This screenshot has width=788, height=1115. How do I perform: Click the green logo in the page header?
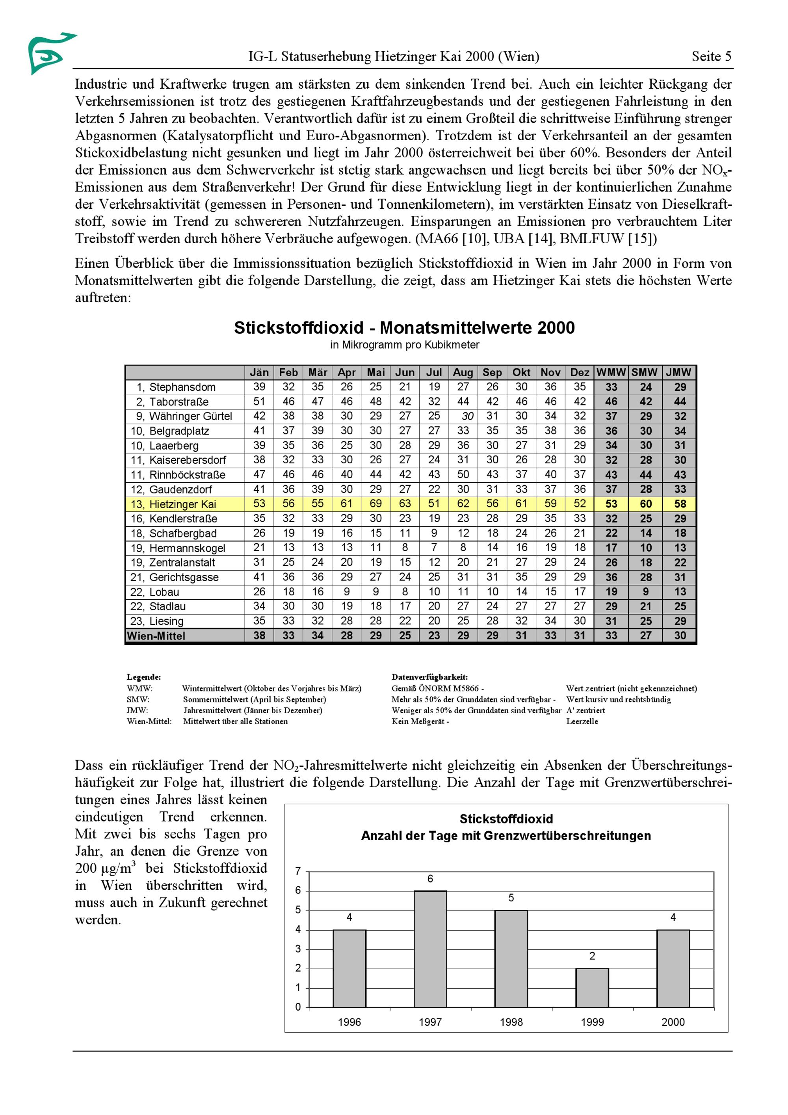tap(48, 52)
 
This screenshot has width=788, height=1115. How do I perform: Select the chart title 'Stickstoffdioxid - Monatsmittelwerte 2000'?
tap(404, 328)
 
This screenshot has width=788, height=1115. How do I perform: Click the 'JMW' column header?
tap(678, 372)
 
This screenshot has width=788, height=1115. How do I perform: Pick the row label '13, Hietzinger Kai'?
tap(173, 504)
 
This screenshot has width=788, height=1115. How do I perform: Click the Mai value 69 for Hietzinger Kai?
tap(375, 504)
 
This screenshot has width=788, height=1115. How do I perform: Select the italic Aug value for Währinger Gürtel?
tap(467, 416)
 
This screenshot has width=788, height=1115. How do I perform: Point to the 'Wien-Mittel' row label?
tap(156, 636)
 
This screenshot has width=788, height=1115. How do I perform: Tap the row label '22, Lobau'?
tap(155, 592)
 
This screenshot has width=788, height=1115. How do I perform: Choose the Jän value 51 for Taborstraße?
tap(259, 401)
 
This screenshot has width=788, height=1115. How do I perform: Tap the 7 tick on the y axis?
tap(298, 871)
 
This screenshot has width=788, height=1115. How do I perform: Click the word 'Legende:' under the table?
tap(144, 677)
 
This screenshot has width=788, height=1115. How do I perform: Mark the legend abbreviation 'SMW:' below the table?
tap(138, 699)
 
